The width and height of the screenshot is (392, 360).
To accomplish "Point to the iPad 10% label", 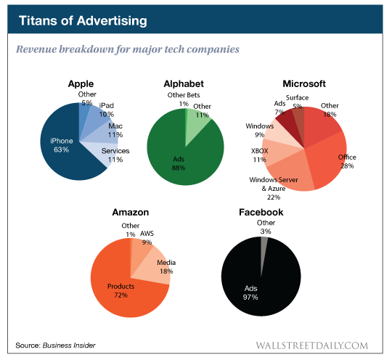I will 106,110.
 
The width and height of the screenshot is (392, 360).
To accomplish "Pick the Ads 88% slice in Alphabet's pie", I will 178,156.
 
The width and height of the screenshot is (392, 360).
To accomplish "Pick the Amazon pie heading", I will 131,212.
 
